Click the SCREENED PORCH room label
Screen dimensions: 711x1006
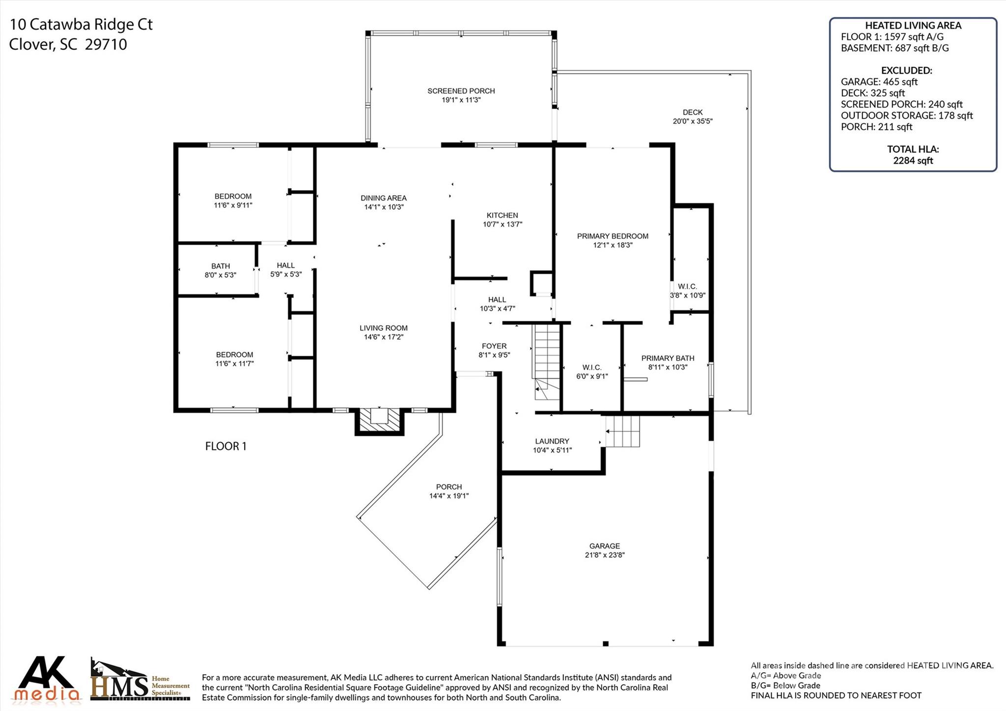[461, 91]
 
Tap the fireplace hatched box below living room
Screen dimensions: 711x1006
[379, 421]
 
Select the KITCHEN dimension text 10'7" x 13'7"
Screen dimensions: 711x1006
[502, 224]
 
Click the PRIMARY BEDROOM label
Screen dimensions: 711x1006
[612, 236]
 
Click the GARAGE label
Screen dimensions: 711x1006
[604, 546]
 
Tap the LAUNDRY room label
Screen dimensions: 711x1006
[552, 441]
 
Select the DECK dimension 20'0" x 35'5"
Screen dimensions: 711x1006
[692, 121]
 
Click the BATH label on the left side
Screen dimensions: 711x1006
[221, 266]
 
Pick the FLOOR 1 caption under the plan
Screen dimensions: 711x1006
[225, 446]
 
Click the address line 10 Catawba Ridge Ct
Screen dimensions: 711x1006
[81, 25]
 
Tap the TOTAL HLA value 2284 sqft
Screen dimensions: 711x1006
[913, 160]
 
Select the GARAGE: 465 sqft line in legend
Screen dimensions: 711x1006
[879, 82]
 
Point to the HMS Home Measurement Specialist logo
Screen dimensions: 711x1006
[140, 680]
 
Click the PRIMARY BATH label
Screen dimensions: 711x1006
[667, 358]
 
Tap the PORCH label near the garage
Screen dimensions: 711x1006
[448, 487]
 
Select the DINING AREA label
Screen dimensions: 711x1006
[383, 198]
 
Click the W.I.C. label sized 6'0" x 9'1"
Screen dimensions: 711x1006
[591, 368]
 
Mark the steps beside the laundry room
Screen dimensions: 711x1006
[622, 431]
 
